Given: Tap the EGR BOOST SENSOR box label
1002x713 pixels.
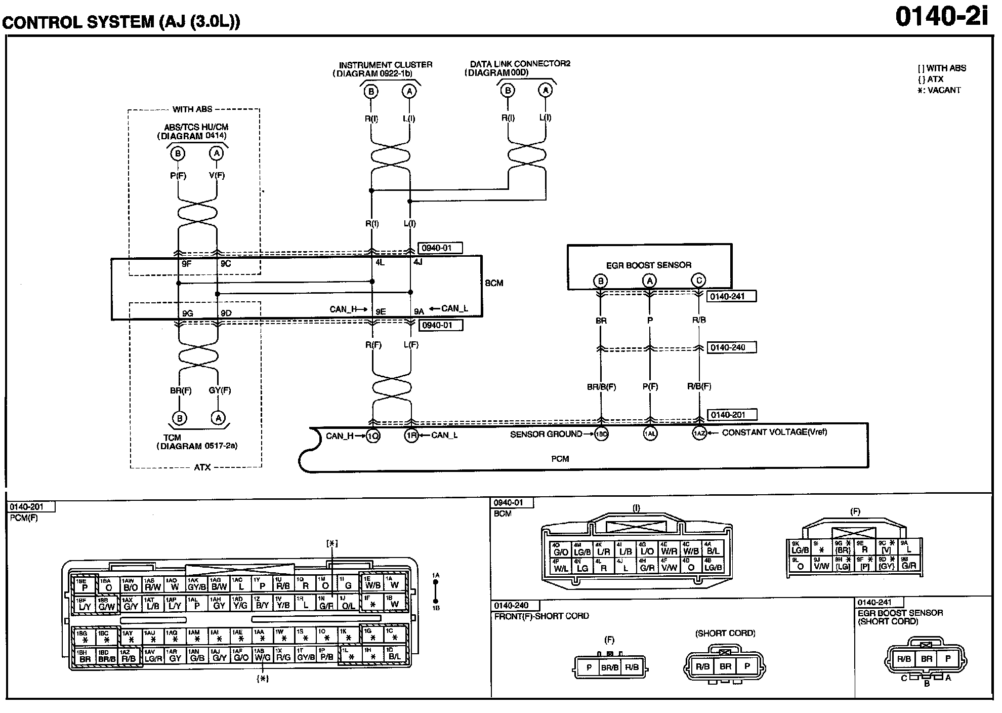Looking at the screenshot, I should click(648, 265).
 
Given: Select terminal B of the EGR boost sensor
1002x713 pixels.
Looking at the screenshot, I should click(600, 281).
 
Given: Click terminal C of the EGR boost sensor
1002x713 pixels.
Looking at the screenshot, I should click(699, 280).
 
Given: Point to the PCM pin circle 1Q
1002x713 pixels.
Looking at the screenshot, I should click(373, 435).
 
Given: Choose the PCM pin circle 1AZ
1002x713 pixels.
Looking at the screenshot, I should click(699, 433).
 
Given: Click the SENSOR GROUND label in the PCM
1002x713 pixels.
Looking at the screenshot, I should click(546, 434).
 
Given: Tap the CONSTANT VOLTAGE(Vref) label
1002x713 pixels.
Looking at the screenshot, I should click(774, 432).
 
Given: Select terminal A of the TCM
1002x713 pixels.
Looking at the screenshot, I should click(218, 418).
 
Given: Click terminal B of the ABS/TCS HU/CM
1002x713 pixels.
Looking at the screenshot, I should click(178, 153).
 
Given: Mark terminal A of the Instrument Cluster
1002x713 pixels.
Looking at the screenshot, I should click(409, 91).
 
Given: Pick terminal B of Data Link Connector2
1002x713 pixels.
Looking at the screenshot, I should click(507, 91).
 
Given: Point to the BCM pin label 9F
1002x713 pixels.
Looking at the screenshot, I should click(186, 264).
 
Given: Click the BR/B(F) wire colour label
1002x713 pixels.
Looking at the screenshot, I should click(601, 386).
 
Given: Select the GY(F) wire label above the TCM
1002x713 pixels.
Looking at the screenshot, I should click(220, 390).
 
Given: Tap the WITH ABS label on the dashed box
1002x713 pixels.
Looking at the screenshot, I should click(192, 109).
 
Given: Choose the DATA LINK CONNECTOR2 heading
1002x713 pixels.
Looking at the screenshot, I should click(520, 64).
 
